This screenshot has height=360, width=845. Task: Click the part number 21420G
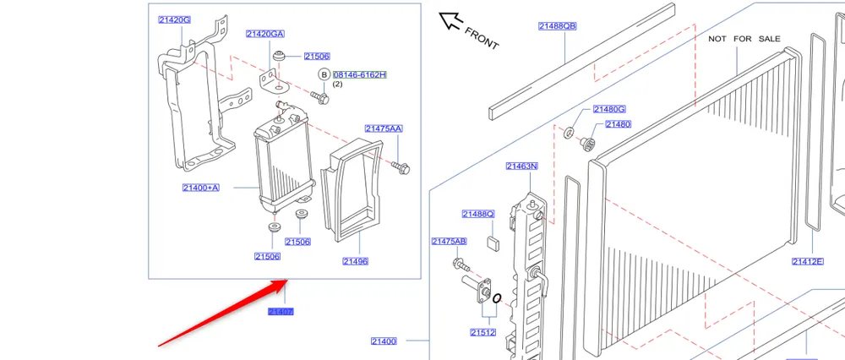pos(174,19)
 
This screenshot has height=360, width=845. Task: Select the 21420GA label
pos(264,34)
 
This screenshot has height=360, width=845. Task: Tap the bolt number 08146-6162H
pos(359,74)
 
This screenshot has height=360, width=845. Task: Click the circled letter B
pos(324,74)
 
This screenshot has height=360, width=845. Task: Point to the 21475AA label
pos(384,128)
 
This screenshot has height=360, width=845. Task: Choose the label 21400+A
pos(200,188)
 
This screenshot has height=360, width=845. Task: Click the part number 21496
pos(355,261)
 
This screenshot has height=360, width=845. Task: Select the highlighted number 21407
pos(281,312)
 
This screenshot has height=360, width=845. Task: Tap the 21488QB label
pos(557,26)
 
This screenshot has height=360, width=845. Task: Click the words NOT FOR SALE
pos(744,39)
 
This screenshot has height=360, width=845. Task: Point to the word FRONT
pos(482,38)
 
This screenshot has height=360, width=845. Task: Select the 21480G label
pos(608,109)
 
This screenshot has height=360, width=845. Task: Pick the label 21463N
pos(522,166)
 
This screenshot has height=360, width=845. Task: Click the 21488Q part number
pos(477,214)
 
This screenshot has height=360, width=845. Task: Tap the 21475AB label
pos(449,242)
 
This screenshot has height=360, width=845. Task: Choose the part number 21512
pos(483,333)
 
